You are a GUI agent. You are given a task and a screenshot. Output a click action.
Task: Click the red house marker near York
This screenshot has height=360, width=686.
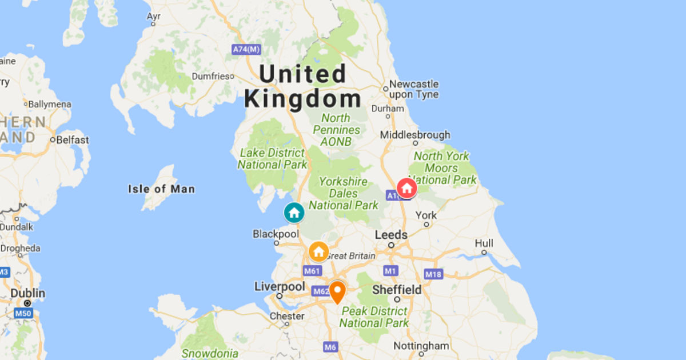click(406, 187)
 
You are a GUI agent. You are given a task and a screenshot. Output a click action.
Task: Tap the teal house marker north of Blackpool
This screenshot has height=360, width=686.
click(294, 213)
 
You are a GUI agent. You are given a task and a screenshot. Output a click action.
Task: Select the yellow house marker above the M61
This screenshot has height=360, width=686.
click(318, 251)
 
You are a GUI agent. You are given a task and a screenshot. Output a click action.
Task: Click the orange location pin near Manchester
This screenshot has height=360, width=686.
click(337, 291)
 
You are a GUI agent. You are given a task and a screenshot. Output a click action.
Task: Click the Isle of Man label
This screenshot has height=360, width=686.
click(161, 189)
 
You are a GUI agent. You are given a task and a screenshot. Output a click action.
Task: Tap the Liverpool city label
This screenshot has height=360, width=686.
click(279, 286)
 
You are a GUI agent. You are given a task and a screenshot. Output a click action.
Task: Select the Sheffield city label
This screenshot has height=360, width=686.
click(397, 290)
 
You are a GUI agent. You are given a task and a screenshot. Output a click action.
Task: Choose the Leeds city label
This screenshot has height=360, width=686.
click(391, 235)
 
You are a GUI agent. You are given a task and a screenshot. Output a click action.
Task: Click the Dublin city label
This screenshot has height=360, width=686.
click(27, 294)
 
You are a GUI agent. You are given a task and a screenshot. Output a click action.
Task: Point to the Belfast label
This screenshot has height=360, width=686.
click(72, 140)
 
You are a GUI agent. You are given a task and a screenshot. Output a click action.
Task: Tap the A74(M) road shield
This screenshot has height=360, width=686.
click(246, 50)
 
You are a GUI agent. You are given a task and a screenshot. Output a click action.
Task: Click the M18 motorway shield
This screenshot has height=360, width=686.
click(433, 274)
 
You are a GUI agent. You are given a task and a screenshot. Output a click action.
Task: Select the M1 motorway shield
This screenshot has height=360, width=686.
click(391, 271)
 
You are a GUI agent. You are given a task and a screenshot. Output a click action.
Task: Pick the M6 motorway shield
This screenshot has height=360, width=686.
click(330, 347)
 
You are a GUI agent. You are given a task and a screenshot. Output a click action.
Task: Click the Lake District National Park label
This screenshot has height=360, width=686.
click(272, 159)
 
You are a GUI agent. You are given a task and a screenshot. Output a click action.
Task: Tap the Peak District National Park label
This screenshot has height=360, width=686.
click(374, 317)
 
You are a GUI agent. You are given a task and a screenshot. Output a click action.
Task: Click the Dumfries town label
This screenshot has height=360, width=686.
click(211, 76)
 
